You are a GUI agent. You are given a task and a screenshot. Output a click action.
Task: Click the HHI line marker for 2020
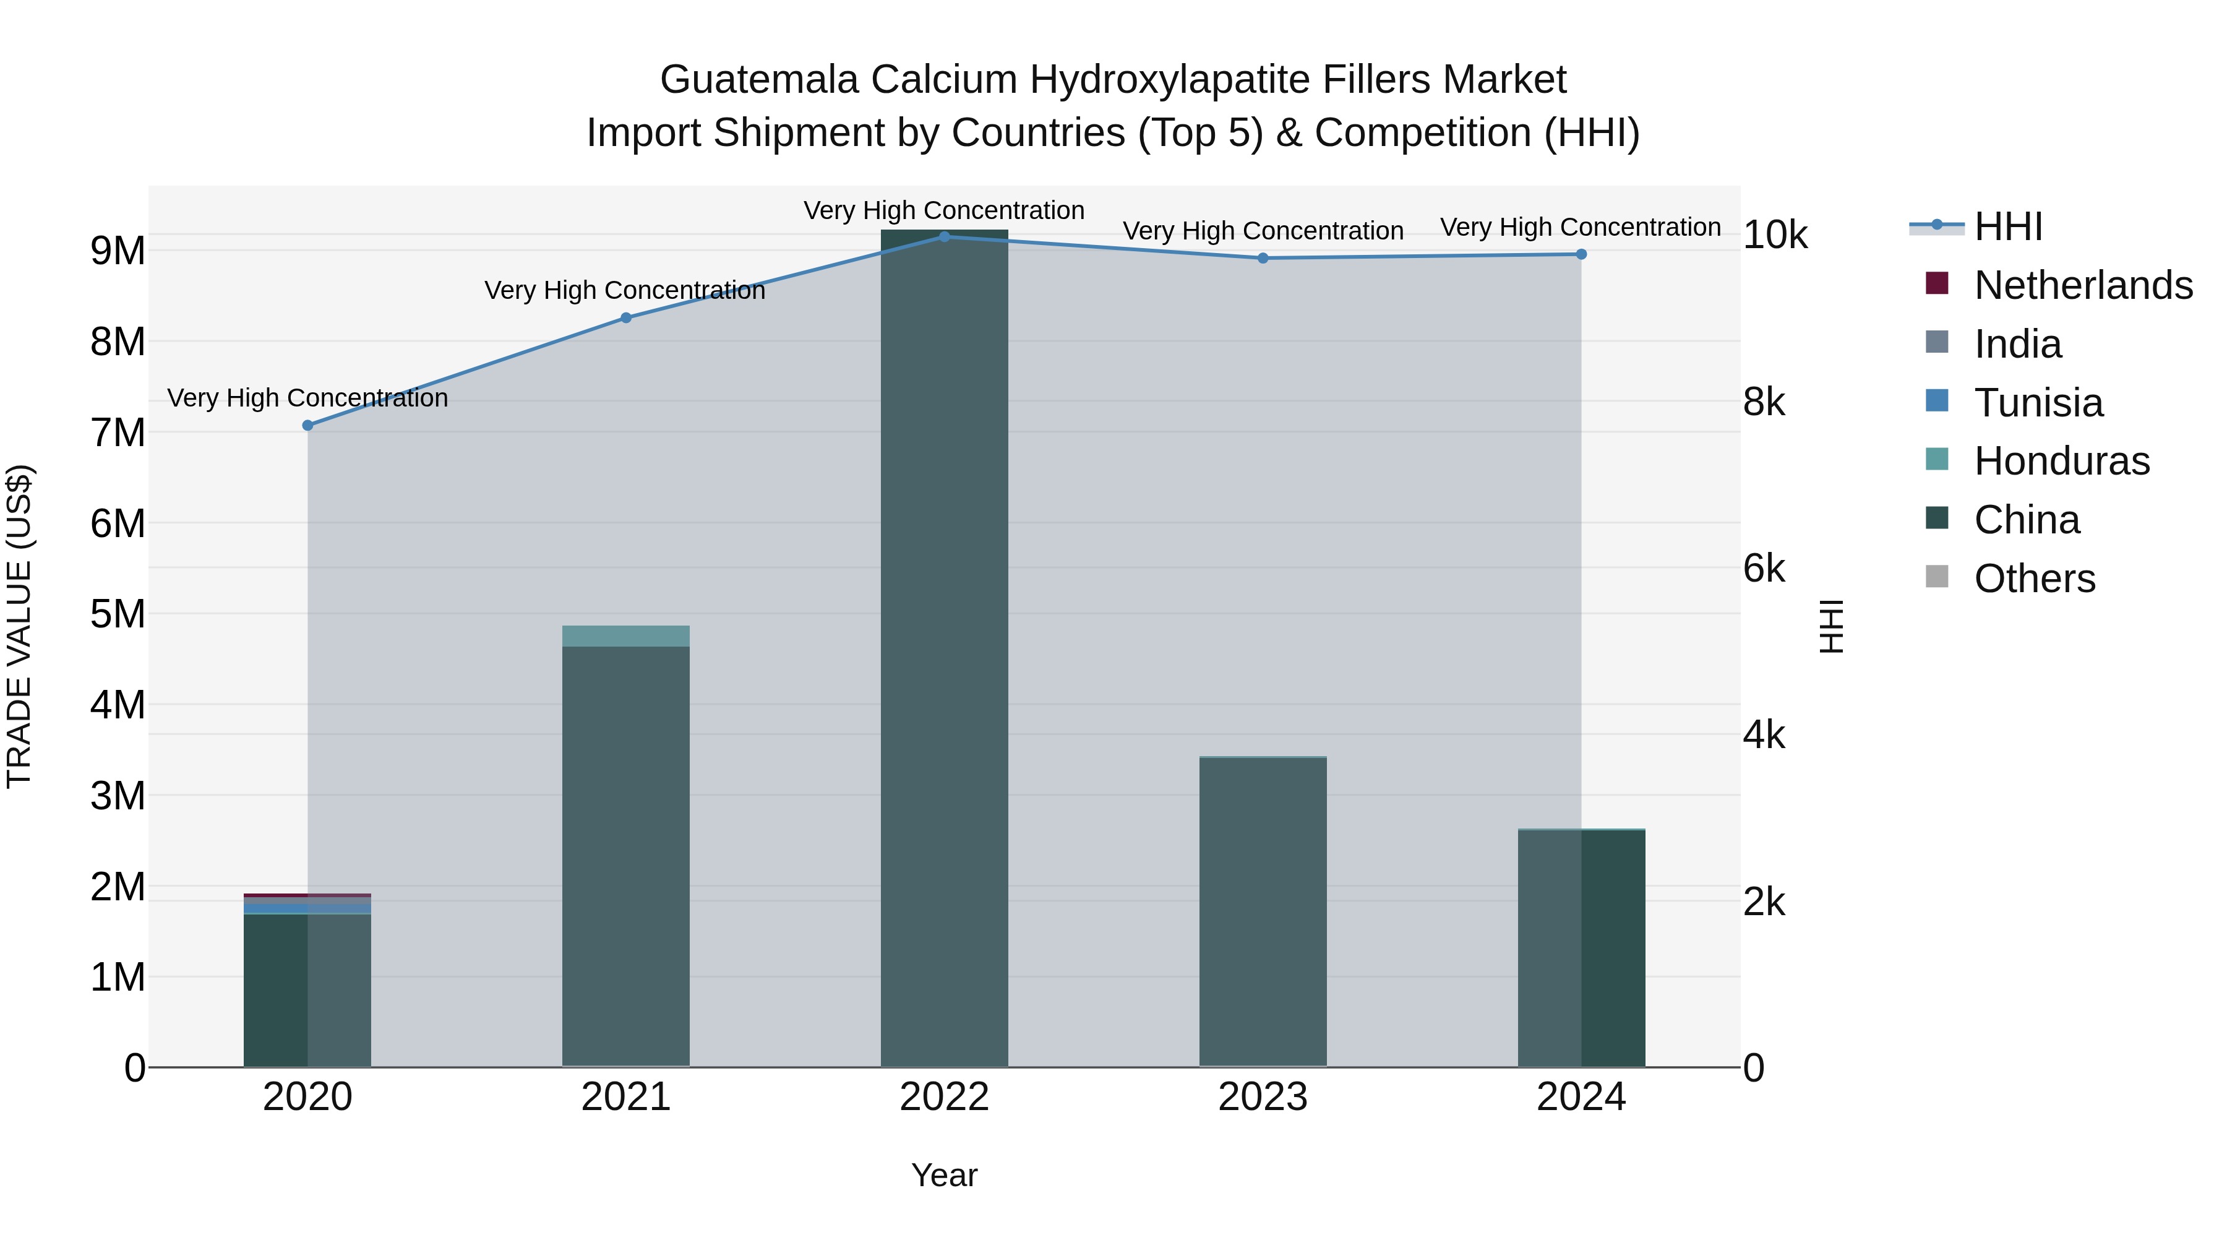pos(308,426)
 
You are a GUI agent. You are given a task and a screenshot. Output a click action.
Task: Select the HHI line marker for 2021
pos(626,318)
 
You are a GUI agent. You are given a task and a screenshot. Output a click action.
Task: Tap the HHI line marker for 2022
pos(944,237)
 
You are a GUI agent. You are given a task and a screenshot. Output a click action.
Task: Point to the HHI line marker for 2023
pos(1263,257)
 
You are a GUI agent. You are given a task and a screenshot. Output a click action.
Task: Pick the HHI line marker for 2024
pos(1581,254)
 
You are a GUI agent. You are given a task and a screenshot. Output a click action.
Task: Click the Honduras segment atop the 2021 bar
pos(626,637)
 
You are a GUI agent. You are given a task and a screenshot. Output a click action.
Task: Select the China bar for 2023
pos(1263,912)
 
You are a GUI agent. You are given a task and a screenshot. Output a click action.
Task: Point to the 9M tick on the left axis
pos(118,251)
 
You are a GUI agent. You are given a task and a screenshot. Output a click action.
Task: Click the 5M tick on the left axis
pos(118,614)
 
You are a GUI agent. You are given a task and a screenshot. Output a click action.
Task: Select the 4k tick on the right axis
pos(1764,735)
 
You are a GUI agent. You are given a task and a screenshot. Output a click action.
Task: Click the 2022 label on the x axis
pos(944,1097)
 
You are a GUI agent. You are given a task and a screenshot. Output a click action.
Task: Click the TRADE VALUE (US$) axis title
pos(19,626)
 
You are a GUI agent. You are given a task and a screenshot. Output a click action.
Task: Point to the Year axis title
pos(944,1175)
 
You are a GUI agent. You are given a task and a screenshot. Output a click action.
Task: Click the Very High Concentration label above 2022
pos(944,210)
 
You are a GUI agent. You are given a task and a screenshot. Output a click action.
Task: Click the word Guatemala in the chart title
pos(760,80)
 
